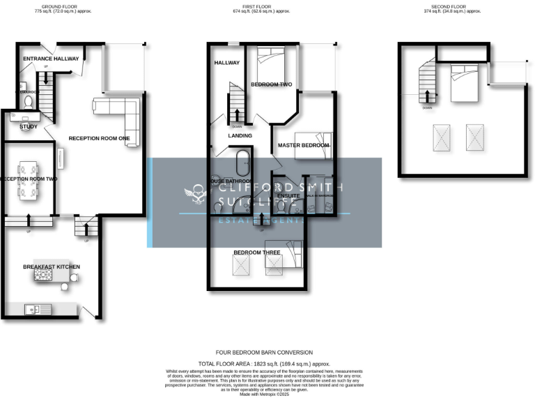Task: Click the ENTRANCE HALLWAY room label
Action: [51, 59]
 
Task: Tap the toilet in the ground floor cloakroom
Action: [28, 102]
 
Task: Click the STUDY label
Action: [29, 126]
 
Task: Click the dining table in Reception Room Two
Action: [29, 179]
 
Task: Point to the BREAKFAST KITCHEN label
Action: [51, 267]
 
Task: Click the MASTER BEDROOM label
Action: [303, 145]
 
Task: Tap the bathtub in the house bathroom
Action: [242, 163]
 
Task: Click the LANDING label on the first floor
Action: [240, 135]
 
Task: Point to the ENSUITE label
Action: [288, 196]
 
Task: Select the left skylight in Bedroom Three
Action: [242, 265]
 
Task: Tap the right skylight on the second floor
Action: [475, 137]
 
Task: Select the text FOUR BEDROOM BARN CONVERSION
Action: [264, 352]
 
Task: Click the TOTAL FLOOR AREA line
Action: [264, 364]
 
